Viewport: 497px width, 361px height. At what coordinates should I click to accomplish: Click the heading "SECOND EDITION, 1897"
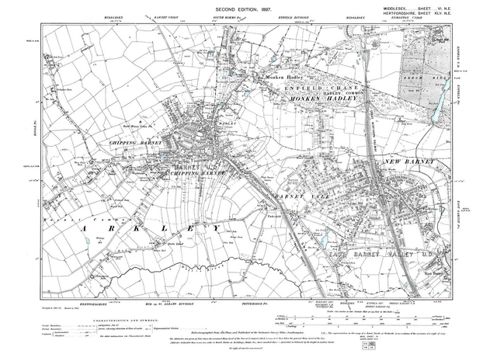[x=248, y=9]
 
